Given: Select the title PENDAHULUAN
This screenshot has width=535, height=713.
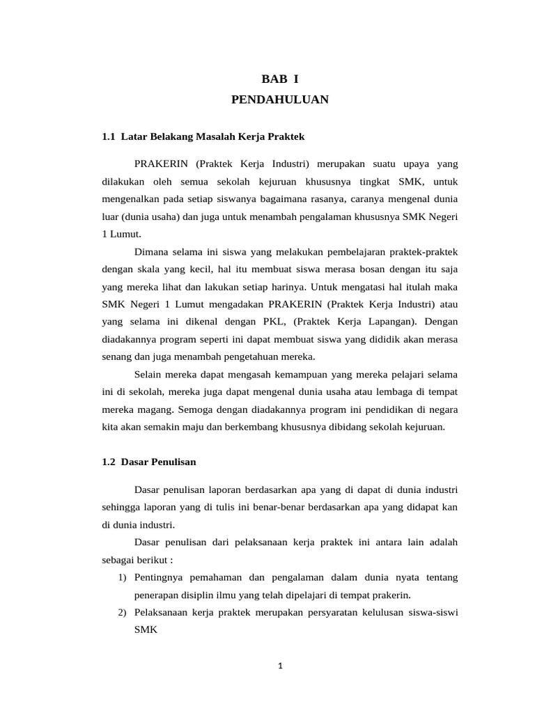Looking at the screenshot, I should pyautogui.click(x=279, y=100).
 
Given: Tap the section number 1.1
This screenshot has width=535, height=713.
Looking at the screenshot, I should pyautogui.click(x=108, y=136).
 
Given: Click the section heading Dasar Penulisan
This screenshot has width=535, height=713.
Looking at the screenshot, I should pyautogui.click(x=159, y=462).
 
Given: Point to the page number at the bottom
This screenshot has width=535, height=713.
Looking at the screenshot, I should pyautogui.click(x=280, y=666).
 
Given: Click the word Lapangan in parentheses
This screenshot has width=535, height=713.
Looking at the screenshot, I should pyautogui.click(x=389, y=322).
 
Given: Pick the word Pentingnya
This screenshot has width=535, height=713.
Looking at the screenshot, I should pyautogui.click(x=160, y=578).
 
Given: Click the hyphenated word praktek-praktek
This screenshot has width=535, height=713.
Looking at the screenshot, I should pyautogui.click(x=421, y=251).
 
